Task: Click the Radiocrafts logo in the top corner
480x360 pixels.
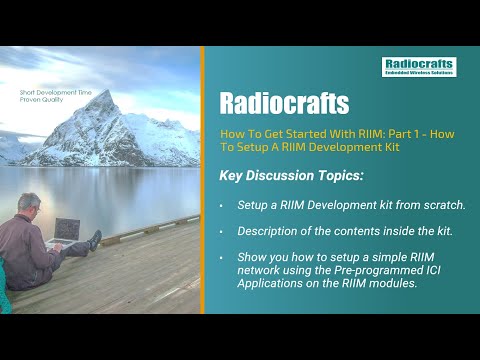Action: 419,67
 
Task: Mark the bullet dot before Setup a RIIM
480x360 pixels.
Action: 222,205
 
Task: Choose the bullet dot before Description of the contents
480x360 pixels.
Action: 222,231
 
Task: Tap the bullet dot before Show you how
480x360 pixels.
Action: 222,258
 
